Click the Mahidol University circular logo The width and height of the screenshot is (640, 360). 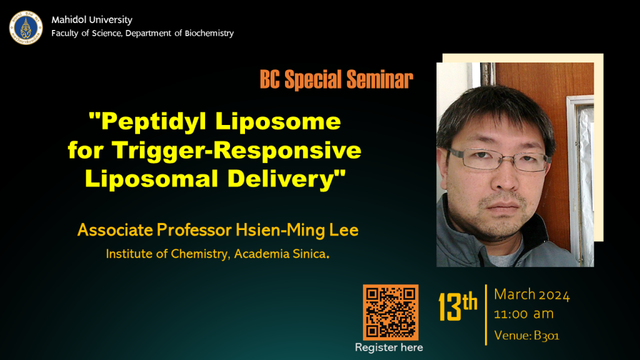[x=26, y=27]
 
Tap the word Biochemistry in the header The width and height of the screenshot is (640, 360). [x=209, y=33]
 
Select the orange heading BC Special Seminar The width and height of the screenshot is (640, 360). [x=336, y=79]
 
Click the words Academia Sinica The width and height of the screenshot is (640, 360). [x=282, y=254]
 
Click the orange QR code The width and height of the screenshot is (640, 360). [x=391, y=312]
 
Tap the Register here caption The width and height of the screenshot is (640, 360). [x=389, y=347]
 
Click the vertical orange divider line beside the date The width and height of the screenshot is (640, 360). [x=486, y=315]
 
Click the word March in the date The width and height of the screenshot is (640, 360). [x=515, y=294]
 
